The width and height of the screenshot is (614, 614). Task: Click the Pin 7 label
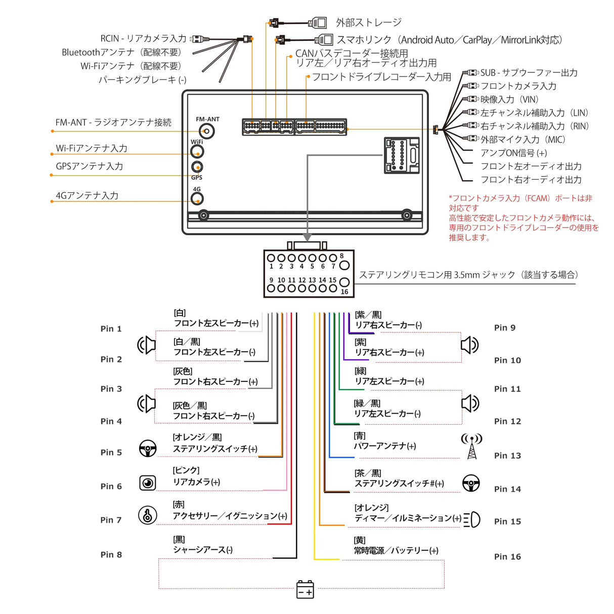click(x=111, y=520)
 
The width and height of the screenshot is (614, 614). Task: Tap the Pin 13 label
click(x=507, y=456)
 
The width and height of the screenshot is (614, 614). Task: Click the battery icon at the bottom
click(x=305, y=590)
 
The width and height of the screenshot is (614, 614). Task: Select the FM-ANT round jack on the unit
click(x=207, y=131)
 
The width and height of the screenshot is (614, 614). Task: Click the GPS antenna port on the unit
click(x=197, y=167)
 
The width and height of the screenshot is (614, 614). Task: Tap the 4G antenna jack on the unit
click(x=197, y=199)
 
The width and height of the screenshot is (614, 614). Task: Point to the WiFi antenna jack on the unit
click(x=197, y=151)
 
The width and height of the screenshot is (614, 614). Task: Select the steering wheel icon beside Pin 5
click(x=148, y=448)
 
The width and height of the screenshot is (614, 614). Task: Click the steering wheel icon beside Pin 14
click(x=471, y=483)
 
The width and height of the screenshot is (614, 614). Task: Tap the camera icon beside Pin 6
click(x=148, y=483)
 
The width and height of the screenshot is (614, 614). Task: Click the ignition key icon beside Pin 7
click(x=147, y=515)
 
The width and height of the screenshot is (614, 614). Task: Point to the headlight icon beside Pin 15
click(x=471, y=519)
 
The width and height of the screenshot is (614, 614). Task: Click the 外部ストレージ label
click(x=369, y=23)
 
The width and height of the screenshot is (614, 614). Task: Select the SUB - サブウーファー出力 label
click(x=529, y=73)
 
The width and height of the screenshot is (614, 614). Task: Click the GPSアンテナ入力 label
click(x=90, y=166)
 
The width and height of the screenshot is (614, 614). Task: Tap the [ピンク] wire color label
click(x=186, y=470)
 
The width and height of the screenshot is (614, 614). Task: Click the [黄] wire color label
click(x=360, y=540)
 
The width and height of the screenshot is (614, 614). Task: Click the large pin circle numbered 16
click(x=344, y=282)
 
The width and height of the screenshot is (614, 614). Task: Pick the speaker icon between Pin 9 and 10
click(x=469, y=345)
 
